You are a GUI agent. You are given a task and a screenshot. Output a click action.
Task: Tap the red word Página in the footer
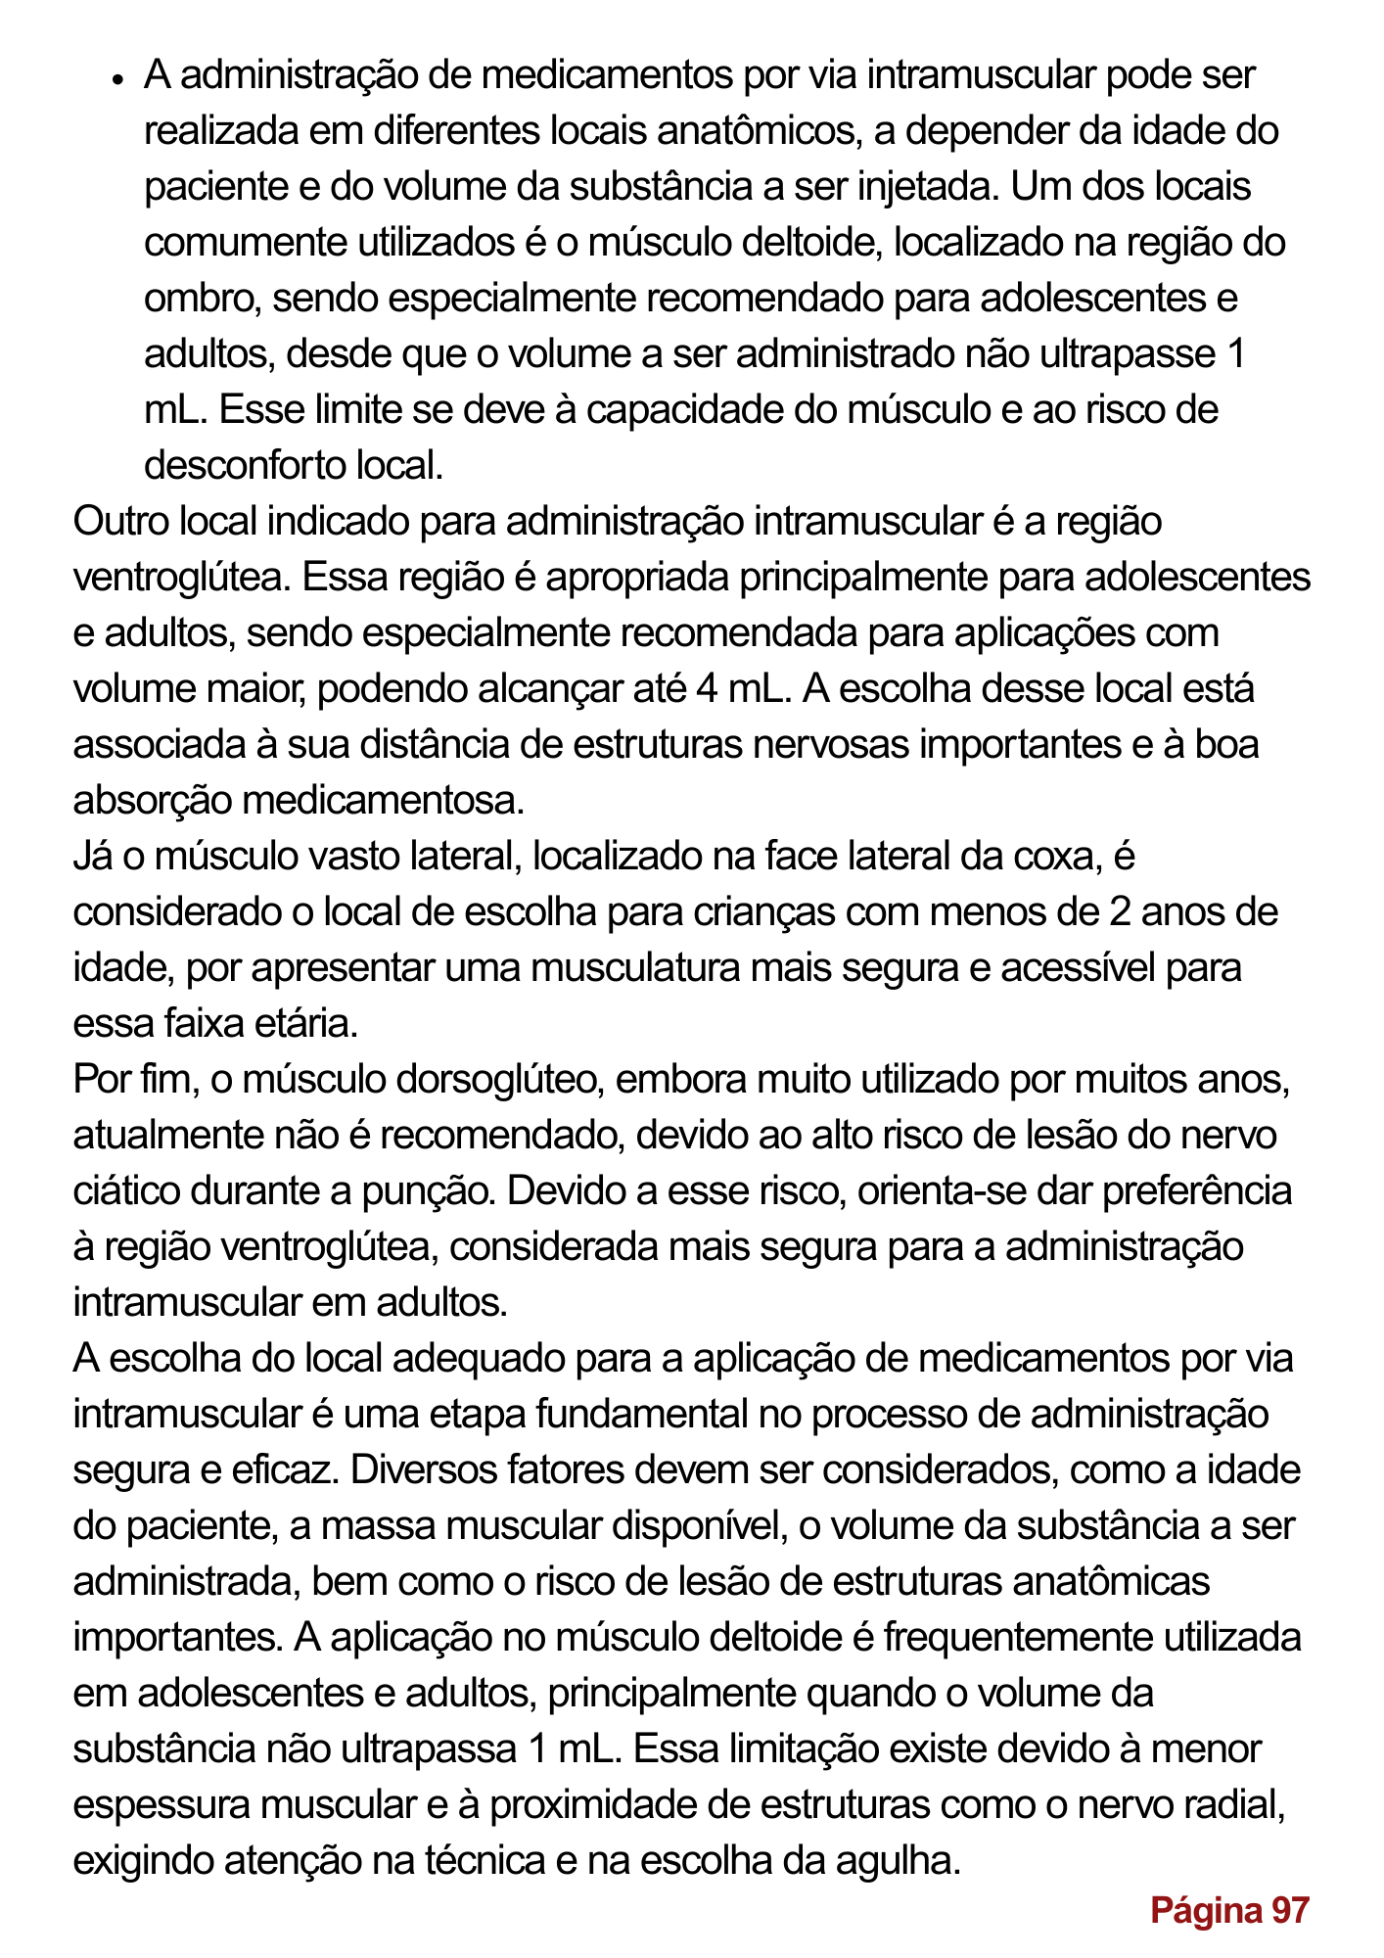[x=1205, y=1910]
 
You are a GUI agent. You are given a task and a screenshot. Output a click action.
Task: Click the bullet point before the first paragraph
[x=115, y=79]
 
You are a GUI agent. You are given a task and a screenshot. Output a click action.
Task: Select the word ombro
[x=201, y=299]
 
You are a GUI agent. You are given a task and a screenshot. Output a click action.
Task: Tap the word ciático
[x=126, y=1191]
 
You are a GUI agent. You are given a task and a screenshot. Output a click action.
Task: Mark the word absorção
[x=153, y=801]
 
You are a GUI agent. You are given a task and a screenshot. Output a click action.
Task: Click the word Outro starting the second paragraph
[x=119, y=522]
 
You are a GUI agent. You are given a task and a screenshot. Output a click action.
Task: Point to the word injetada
[x=927, y=187]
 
